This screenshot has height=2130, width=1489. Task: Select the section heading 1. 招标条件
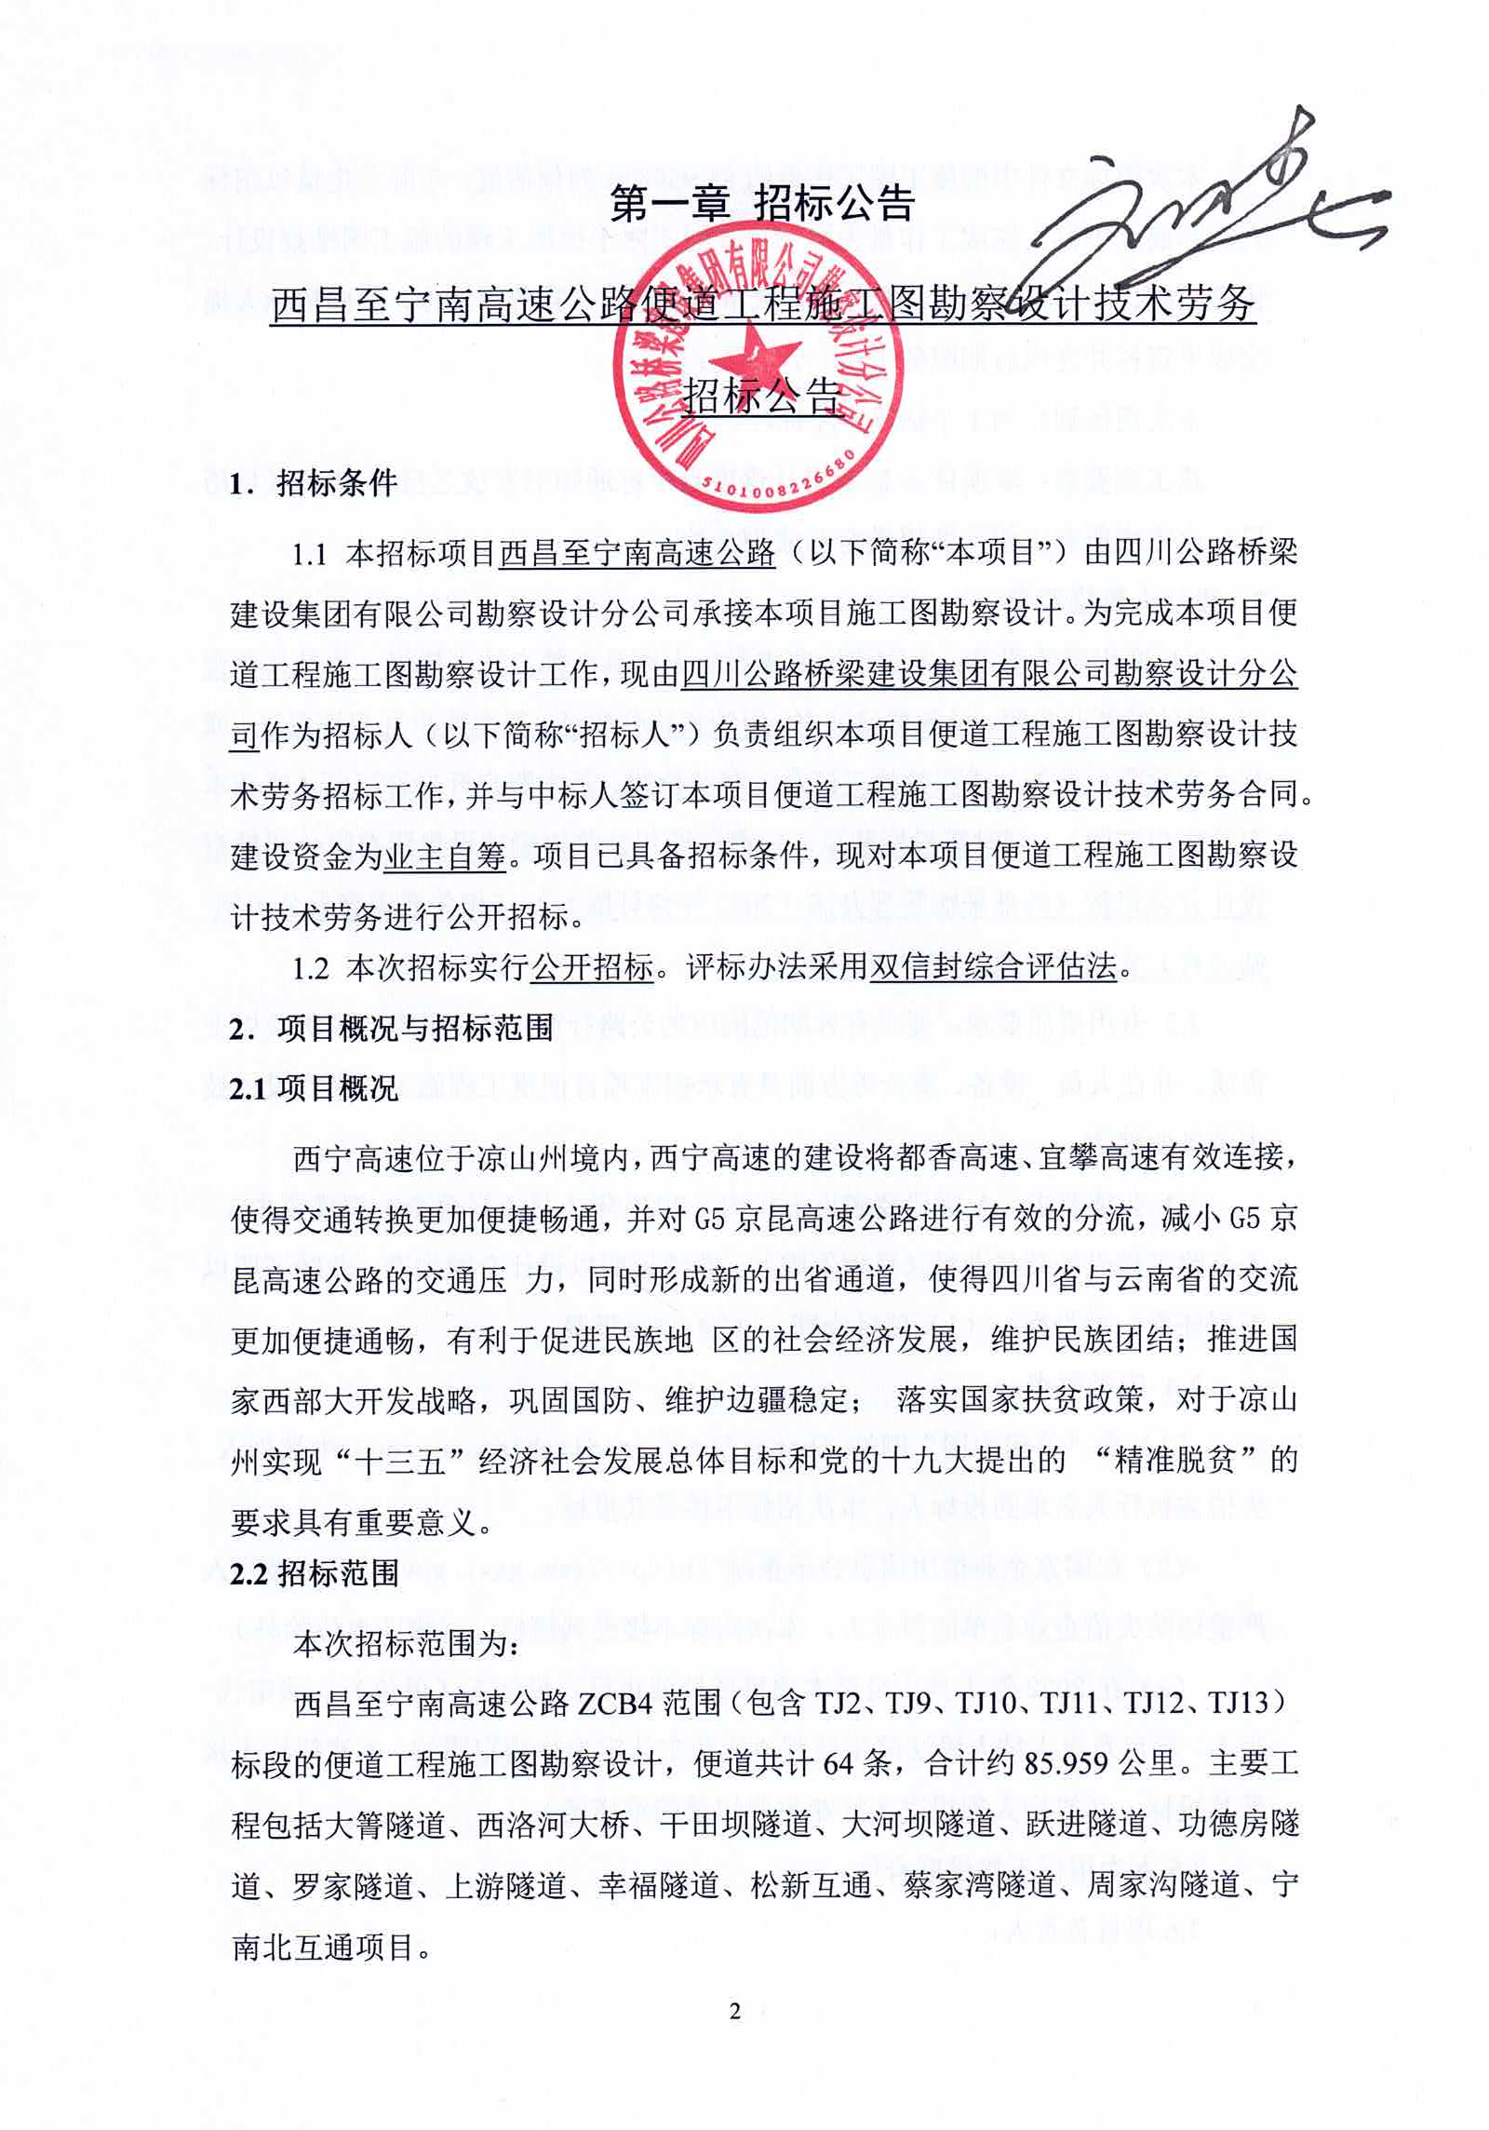click(x=314, y=483)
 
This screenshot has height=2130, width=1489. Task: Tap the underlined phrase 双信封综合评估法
click(x=992, y=967)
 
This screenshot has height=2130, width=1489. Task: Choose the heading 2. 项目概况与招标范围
click(x=391, y=1028)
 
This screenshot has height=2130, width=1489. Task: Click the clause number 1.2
click(x=310, y=968)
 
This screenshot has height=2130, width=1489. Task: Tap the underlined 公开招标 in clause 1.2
click(x=592, y=967)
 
